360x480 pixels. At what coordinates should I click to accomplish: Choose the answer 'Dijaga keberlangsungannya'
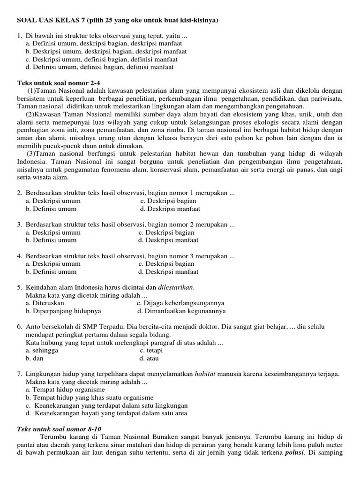coord(180,303)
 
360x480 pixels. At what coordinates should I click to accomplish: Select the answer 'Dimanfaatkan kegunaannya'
coord(181,311)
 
